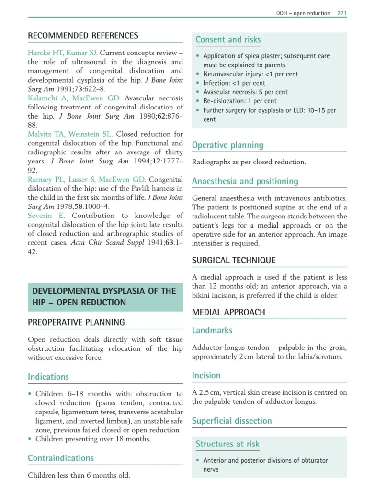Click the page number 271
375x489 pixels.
click(341, 13)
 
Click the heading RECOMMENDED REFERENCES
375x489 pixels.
click(83, 36)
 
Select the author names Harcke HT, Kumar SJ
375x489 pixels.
click(63, 53)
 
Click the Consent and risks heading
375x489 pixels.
click(228, 40)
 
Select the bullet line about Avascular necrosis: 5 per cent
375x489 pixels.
click(245, 92)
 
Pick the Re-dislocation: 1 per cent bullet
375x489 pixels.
click(244, 101)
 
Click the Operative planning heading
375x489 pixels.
click(227, 145)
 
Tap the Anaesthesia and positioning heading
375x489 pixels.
click(245, 181)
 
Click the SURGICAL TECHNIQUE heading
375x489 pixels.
click(234, 261)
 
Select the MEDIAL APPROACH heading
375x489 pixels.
click(228, 313)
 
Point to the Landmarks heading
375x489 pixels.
click(212, 330)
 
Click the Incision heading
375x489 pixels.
click(206, 376)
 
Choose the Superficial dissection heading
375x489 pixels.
click(232, 421)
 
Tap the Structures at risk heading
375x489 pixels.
click(227, 444)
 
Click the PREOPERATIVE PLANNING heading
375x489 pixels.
click(76, 322)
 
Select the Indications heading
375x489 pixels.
click(48, 377)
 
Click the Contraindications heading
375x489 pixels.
click(61, 458)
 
